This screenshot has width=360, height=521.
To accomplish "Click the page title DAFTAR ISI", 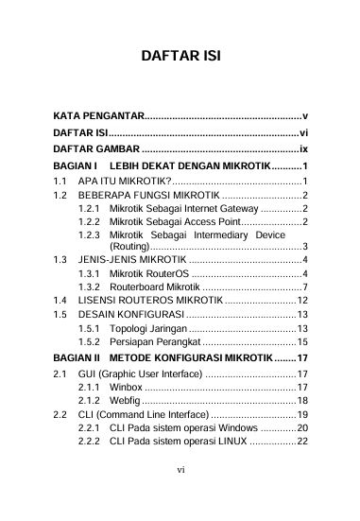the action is pos(180,56).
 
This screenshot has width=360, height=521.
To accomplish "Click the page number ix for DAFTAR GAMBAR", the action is pos(303,148).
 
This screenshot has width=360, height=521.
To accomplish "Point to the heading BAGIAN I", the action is pos(75,165).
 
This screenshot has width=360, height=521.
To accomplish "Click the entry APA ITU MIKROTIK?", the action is pos(124,180).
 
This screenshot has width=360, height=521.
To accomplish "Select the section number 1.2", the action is pos(60,195).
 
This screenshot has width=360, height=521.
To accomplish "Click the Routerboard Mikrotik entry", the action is pos(154,287).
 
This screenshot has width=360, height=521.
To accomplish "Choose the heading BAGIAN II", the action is pos(77,358).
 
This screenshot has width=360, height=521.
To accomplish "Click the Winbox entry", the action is pos(126,387).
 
